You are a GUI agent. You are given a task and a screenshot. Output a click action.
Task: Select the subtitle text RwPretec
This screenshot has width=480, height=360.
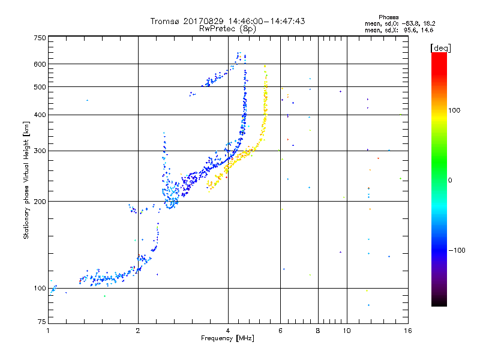click(x=217, y=29)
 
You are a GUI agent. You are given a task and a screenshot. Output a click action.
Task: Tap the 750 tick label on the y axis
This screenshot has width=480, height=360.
click(x=40, y=38)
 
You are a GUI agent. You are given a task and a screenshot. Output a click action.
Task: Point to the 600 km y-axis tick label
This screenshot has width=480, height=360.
click(x=40, y=64)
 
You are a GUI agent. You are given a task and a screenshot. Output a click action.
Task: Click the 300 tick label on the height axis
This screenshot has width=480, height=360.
click(x=40, y=151)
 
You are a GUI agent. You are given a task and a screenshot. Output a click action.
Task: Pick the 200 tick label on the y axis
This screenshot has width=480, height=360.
click(x=40, y=202)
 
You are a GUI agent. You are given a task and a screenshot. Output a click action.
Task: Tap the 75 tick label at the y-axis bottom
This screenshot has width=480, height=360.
click(x=42, y=322)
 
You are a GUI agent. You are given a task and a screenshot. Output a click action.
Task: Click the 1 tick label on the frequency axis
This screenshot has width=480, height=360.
click(x=49, y=331)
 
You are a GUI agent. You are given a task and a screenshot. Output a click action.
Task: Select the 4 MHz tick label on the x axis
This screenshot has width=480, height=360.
click(x=228, y=331)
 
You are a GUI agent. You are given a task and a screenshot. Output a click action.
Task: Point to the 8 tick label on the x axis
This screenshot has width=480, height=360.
click(x=318, y=331)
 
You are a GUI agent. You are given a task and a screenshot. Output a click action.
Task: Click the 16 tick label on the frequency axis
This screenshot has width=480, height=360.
click(x=408, y=331)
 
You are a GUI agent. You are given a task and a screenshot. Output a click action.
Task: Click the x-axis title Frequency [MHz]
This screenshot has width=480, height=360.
click(x=227, y=338)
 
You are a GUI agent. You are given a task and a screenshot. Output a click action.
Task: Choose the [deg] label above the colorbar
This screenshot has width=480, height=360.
click(x=440, y=48)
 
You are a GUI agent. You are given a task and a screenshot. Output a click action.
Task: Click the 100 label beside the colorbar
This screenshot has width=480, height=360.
click(x=454, y=110)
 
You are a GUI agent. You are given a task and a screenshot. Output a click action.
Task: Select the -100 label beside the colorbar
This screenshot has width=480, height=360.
click(x=457, y=250)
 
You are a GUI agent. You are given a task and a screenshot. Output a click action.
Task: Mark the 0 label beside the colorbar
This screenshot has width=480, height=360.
click(x=450, y=181)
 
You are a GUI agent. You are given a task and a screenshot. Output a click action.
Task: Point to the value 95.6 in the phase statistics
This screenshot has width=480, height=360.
click(x=412, y=30)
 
